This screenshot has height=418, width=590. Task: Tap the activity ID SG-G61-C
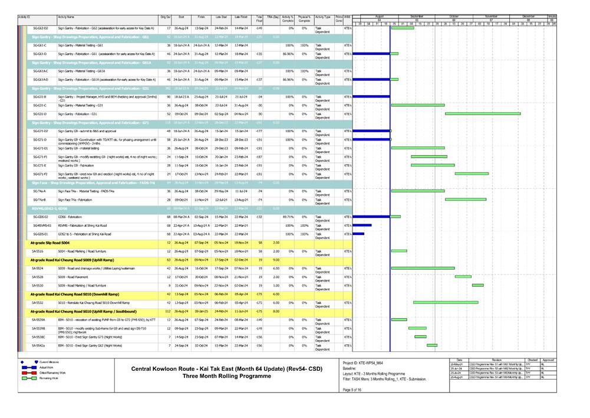[41, 45]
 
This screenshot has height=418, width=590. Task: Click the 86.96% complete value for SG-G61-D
[288, 54]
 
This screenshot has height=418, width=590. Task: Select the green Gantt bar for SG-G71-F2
[472, 174]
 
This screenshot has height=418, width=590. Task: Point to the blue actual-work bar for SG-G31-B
[371, 96]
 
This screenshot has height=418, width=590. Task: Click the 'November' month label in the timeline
[490, 17]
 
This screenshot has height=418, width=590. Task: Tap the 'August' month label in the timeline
[380, 17]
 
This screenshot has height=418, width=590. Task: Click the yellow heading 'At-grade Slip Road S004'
[50, 243]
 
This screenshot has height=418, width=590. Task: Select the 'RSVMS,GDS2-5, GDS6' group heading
[50, 208]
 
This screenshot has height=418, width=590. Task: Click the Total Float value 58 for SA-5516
[260, 252]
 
